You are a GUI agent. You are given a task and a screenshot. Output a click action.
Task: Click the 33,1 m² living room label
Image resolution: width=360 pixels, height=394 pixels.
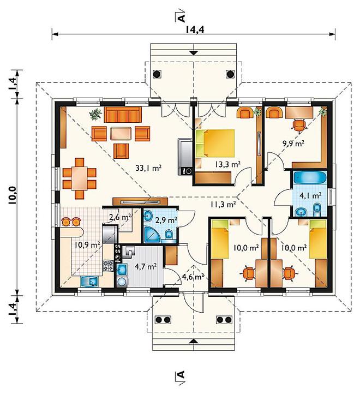click(x=148, y=168)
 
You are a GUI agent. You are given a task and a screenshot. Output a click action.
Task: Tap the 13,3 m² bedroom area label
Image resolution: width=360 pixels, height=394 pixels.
click(x=228, y=164)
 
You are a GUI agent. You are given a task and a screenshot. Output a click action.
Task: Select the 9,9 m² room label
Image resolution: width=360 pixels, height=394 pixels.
click(x=293, y=144)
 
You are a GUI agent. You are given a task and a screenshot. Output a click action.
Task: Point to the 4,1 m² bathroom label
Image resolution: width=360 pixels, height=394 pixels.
click(x=310, y=195)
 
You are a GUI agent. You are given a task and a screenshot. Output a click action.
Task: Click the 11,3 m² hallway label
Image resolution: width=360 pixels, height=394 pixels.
click(x=223, y=204)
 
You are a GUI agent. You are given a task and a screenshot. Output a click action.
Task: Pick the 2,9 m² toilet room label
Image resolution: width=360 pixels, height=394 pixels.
click(x=166, y=220)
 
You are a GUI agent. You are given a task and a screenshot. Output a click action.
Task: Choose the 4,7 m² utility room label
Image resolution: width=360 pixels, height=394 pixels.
click(x=146, y=266)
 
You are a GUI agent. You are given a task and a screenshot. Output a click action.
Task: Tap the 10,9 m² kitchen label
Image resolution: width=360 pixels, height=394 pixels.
click(x=88, y=244)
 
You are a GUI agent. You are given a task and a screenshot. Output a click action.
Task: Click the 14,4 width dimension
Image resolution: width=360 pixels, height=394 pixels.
click(x=195, y=29)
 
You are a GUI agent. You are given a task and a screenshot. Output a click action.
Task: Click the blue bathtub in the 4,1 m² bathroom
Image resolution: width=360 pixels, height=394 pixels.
click(x=310, y=178)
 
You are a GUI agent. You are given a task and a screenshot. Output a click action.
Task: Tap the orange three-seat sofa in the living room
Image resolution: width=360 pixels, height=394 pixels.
click(x=123, y=115)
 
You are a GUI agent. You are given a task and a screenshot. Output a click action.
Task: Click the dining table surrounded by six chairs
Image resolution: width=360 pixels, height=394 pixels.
click(x=80, y=178)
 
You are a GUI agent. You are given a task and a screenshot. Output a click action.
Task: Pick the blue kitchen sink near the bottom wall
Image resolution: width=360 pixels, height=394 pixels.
click(x=89, y=282)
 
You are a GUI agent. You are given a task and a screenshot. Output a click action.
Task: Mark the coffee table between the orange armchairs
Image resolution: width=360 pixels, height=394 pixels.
click(x=121, y=134)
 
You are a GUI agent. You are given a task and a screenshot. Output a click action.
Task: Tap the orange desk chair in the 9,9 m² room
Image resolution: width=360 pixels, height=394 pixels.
click(x=299, y=125)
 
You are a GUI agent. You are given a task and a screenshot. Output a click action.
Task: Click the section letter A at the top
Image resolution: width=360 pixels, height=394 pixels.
click(x=181, y=17)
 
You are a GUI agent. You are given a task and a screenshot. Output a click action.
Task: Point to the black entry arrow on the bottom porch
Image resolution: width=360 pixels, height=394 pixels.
click(x=193, y=341)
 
